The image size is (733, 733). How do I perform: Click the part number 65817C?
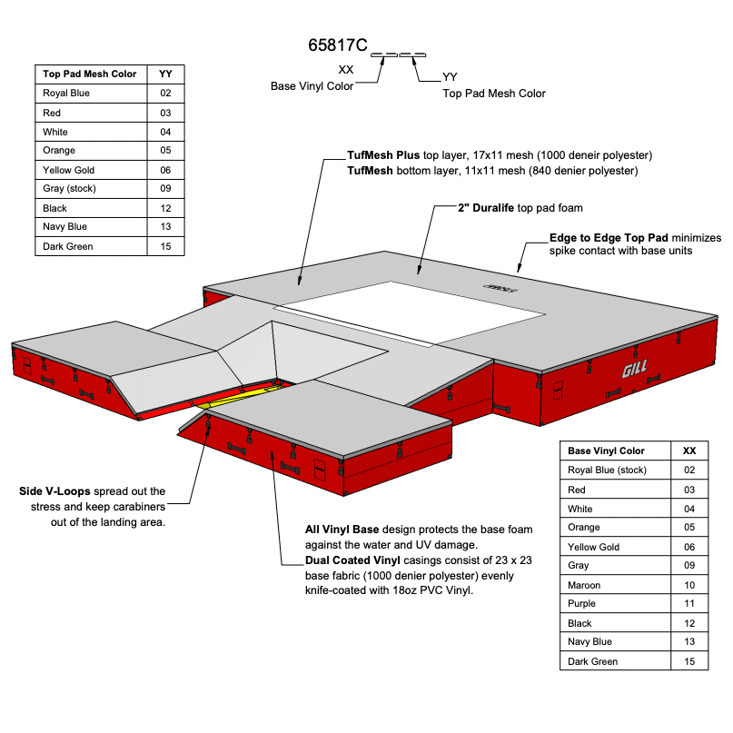[x=338, y=45]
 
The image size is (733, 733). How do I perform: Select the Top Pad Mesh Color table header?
[x=89, y=74]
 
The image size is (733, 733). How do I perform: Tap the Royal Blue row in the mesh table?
[x=66, y=93]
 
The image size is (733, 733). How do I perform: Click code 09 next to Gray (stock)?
[x=165, y=189]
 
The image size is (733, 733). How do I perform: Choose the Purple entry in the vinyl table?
[x=581, y=604]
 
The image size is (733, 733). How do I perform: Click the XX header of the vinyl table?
[x=689, y=451]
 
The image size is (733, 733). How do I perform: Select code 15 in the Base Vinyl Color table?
[x=689, y=661]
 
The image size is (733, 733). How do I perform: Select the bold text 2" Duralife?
[x=486, y=208]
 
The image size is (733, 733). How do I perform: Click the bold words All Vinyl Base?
[x=342, y=530]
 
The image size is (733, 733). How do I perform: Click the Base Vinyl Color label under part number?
[x=312, y=86]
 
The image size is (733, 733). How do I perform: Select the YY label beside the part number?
[x=450, y=77]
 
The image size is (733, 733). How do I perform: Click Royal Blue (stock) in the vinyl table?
[x=607, y=471]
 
